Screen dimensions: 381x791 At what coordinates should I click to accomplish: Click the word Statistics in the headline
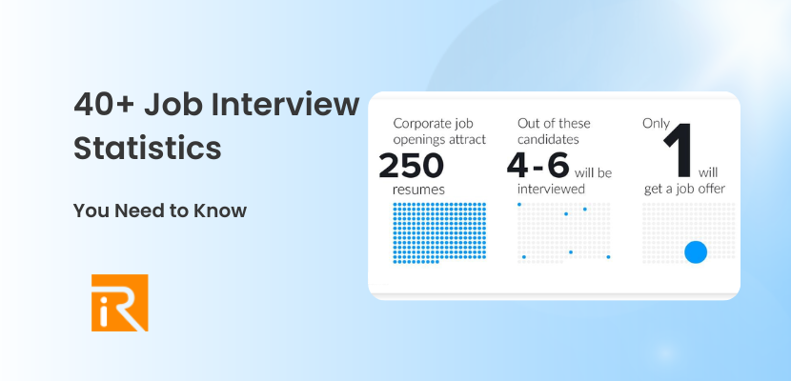point(148,150)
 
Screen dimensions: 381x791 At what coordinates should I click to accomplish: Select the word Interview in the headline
point(291,105)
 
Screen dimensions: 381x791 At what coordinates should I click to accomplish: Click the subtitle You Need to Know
point(159,211)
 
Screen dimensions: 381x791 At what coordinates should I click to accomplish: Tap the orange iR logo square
point(120,303)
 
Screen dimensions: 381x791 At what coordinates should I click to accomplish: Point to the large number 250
point(412,166)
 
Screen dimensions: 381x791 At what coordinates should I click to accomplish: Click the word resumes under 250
point(418,189)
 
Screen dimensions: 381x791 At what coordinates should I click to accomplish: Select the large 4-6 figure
point(537,166)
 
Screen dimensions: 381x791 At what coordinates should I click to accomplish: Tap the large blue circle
point(696,251)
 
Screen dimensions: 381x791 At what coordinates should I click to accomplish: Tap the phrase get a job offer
point(683,189)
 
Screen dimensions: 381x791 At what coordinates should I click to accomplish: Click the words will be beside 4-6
point(592,173)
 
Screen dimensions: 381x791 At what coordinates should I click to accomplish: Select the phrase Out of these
point(554,124)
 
